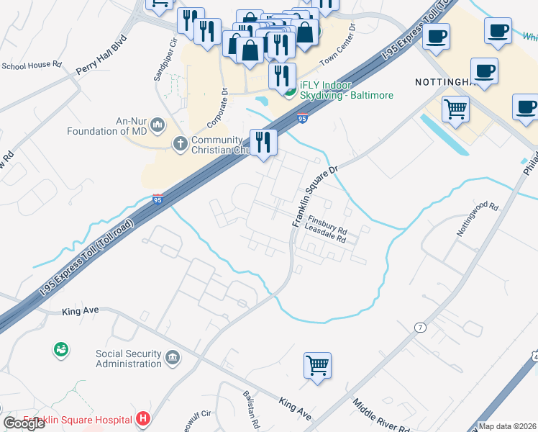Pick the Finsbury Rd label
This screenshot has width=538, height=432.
[328, 223]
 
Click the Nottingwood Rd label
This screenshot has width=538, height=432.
[477, 219]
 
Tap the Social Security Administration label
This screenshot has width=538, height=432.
[129, 359]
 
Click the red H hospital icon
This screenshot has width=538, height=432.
[144, 418]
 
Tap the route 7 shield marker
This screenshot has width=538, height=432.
[420, 328]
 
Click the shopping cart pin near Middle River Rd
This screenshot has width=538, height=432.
[317, 365]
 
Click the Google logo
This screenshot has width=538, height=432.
[24, 423]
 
